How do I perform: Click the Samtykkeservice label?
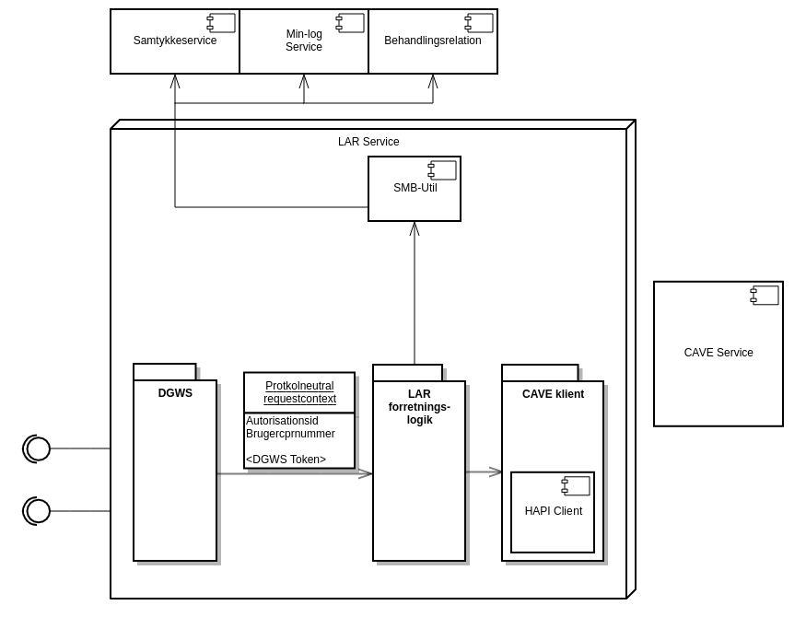[x=175, y=41]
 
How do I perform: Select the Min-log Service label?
[x=304, y=41]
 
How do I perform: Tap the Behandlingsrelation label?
[x=433, y=41]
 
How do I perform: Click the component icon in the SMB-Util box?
[x=442, y=170]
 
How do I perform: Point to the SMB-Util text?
[x=415, y=188]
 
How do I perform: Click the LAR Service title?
[x=368, y=142]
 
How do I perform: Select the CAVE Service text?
[x=718, y=353]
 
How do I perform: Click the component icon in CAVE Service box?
[x=765, y=295]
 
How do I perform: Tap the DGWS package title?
[x=175, y=393]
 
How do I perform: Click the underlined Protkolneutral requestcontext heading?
[x=299, y=392]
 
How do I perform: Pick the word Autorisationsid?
[x=282, y=421]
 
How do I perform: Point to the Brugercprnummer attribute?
[x=290, y=434]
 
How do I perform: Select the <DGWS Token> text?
[x=286, y=460]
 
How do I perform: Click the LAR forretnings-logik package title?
[x=419, y=407]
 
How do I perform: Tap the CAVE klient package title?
[x=553, y=394]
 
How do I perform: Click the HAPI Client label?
[x=554, y=511]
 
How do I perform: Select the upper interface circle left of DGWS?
[x=38, y=448]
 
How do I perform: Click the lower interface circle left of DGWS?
[x=38, y=511]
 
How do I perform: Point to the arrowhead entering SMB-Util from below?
[x=415, y=228]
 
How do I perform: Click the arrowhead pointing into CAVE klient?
[x=496, y=471]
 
